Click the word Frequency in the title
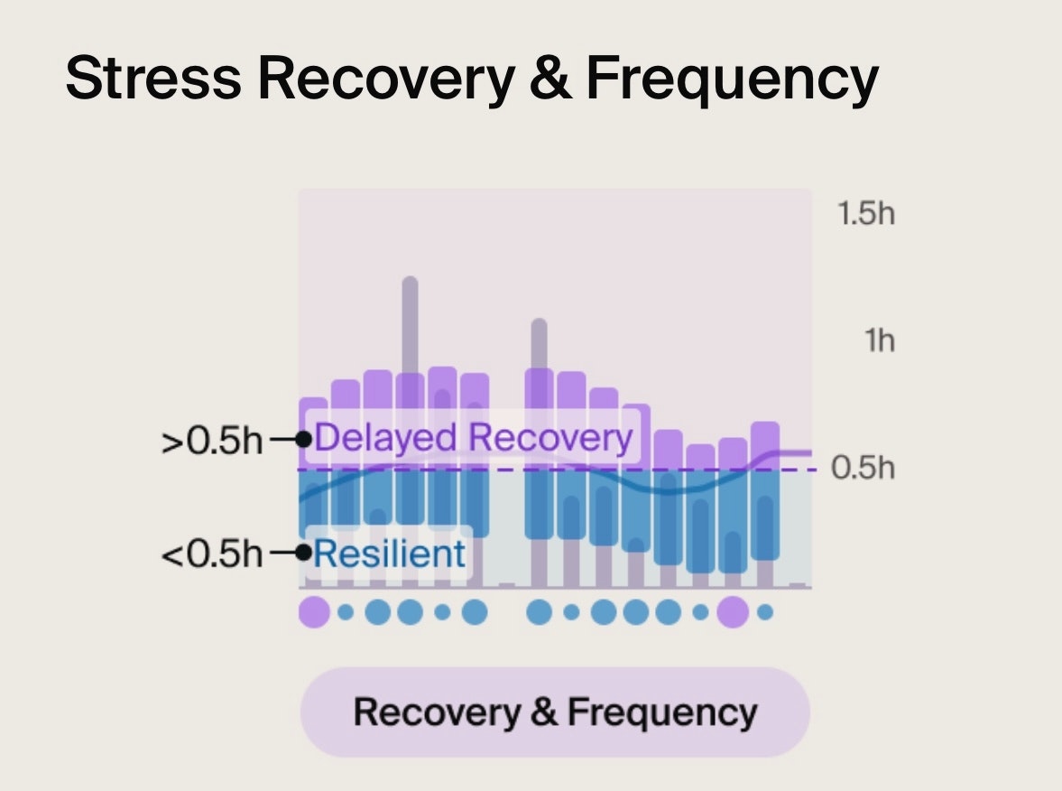732,79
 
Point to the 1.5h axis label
865,215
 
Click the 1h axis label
878,341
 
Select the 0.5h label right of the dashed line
862,469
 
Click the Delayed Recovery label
474,438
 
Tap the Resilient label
390,553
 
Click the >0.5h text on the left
212,442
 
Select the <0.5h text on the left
212,554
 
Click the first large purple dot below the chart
313,612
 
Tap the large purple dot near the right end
733,612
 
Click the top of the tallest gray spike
410,282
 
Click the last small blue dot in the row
765,612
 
